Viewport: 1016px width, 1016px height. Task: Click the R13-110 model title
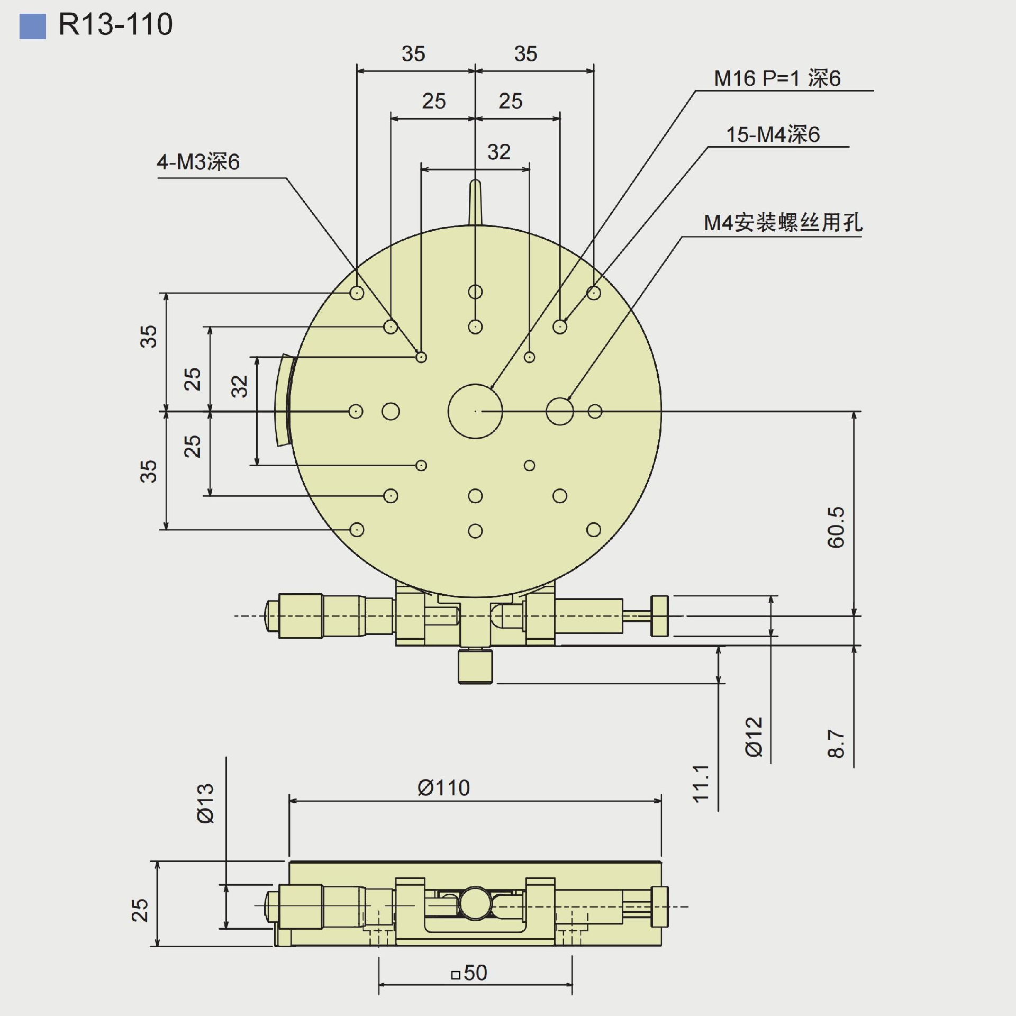click(115, 24)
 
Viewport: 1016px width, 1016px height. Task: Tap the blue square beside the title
click(32, 26)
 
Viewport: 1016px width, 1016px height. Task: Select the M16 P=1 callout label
click(777, 78)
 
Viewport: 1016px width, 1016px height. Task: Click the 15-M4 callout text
click(773, 134)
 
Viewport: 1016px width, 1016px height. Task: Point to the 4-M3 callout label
click(198, 162)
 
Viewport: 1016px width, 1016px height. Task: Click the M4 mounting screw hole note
click(783, 222)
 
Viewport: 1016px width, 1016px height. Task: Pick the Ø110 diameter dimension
click(443, 788)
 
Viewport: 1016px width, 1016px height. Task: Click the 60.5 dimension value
click(836, 527)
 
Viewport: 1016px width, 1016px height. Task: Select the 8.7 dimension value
click(836, 743)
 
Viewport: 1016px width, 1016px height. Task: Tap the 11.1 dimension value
click(701, 784)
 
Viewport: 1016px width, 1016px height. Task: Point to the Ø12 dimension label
click(754, 737)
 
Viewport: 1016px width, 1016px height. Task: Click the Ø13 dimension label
click(206, 803)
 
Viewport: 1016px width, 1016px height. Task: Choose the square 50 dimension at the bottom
click(469, 973)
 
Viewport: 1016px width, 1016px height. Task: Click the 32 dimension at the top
click(498, 152)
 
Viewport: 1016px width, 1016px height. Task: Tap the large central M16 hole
click(475, 411)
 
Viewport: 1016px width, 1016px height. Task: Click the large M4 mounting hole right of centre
click(559, 411)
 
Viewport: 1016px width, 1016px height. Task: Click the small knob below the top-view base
click(475, 666)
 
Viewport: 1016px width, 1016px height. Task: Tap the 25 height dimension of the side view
click(140, 910)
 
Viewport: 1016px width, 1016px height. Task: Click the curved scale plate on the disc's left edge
click(282, 401)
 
